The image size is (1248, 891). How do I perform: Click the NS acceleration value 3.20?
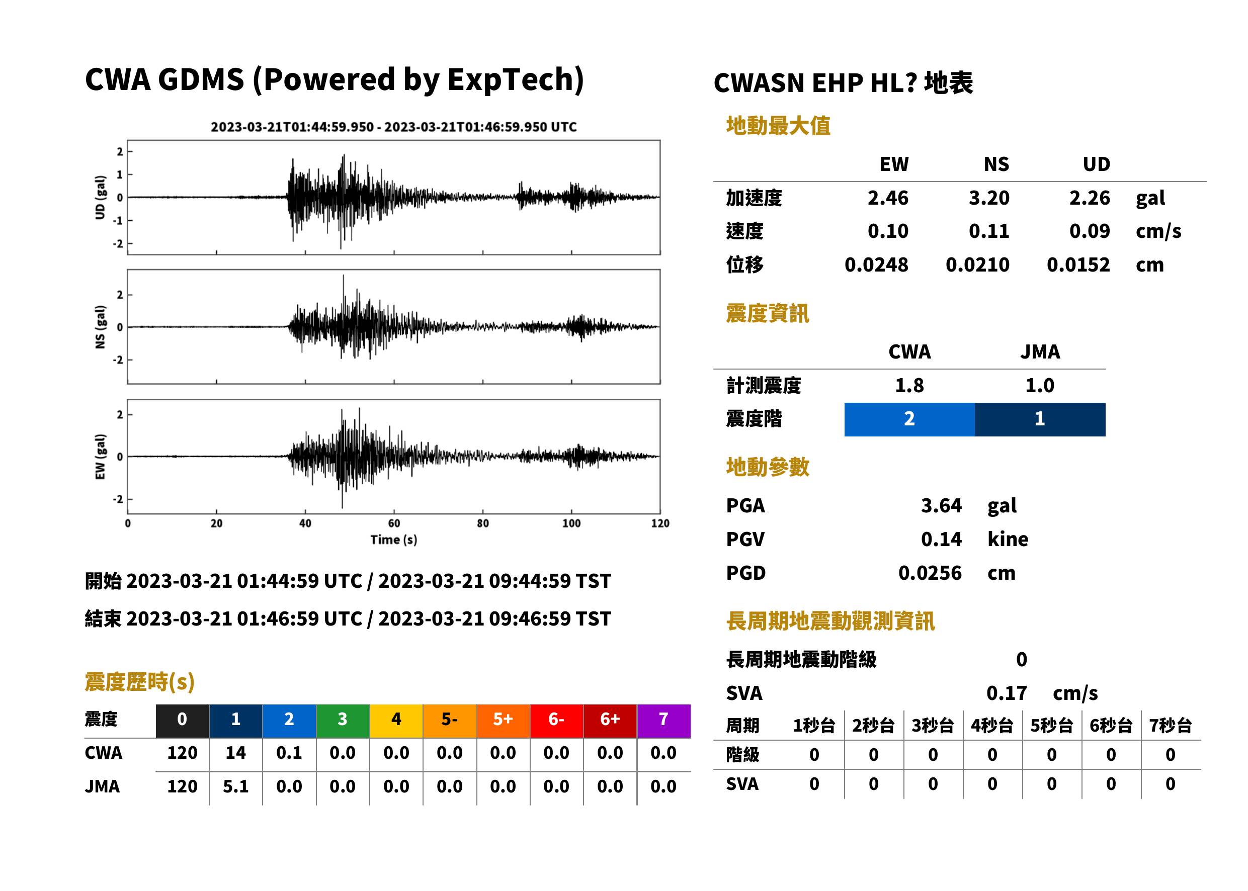[x=988, y=198]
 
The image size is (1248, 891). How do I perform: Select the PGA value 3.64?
[x=941, y=505]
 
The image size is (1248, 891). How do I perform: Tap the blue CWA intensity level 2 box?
[x=909, y=419]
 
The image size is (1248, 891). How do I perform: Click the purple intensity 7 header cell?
[x=663, y=721]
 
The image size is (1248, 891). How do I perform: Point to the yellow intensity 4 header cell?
[x=396, y=721]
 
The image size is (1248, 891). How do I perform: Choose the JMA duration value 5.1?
[x=235, y=786]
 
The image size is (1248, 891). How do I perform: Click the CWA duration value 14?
[x=235, y=753]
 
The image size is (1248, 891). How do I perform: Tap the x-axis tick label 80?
[x=482, y=523]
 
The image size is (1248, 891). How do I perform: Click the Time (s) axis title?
[x=393, y=540]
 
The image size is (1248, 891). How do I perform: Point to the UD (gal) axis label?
[x=100, y=198]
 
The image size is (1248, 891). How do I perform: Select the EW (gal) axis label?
[x=100, y=457]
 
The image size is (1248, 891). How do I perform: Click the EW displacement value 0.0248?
[x=876, y=264]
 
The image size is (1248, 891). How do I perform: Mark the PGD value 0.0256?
[x=930, y=573]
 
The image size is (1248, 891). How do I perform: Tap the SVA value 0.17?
[x=1007, y=693]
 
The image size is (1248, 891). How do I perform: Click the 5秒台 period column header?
[x=1051, y=725]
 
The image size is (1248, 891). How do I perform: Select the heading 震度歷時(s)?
[x=140, y=682]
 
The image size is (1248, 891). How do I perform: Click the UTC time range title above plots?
[x=393, y=127]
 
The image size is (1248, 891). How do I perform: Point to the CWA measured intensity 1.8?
[x=909, y=385]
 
